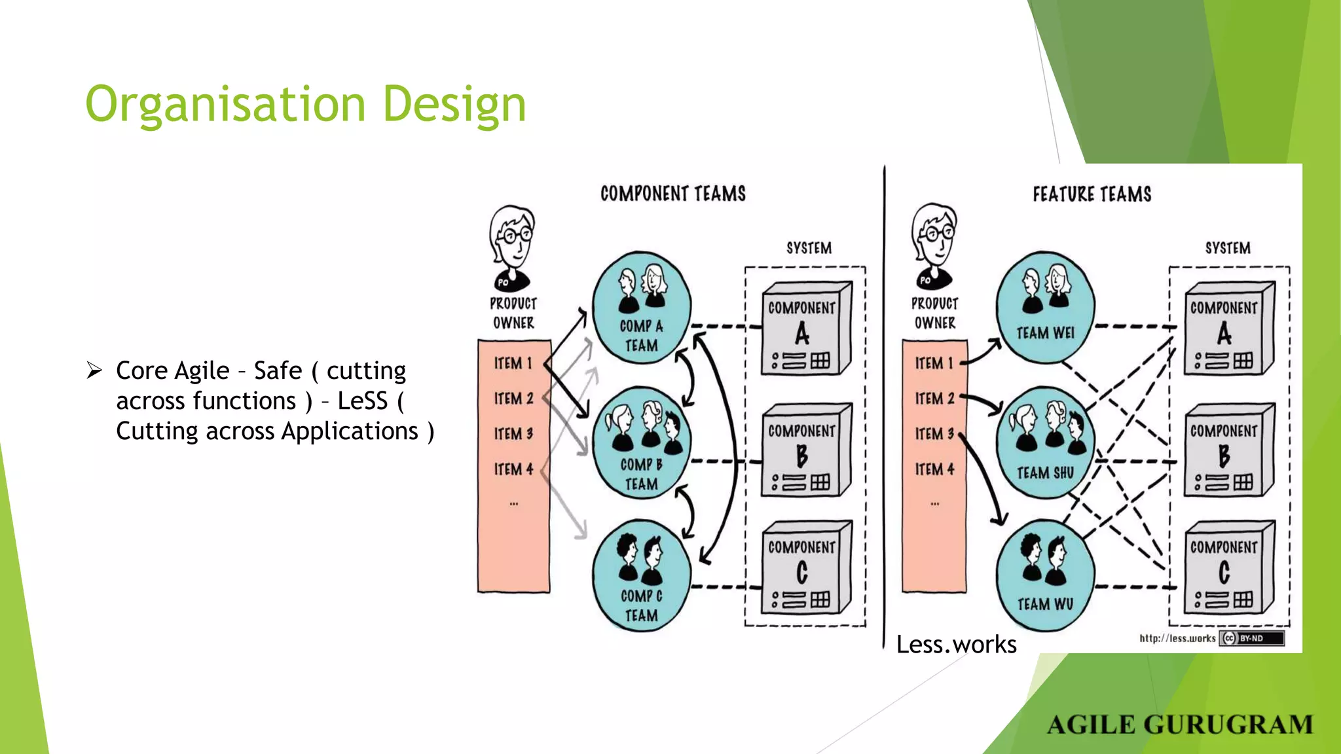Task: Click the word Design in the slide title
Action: click(454, 105)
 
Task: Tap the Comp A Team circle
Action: click(642, 308)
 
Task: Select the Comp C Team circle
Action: click(642, 576)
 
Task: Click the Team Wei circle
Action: click(1045, 308)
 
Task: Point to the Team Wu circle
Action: click(1045, 576)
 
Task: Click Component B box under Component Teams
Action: click(805, 452)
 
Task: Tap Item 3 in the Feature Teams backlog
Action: click(934, 434)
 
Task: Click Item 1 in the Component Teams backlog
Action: click(513, 363)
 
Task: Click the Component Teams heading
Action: click(673, 194)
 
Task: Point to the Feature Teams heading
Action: click(1092, 194)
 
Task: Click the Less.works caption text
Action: click(956, 645)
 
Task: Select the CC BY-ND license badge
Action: click(1251, 638)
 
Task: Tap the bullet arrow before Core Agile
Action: click(95, 370)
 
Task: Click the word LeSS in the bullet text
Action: click(362, 401)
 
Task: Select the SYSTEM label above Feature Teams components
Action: click(1228, 248)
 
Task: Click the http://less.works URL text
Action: click(1177, 638)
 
